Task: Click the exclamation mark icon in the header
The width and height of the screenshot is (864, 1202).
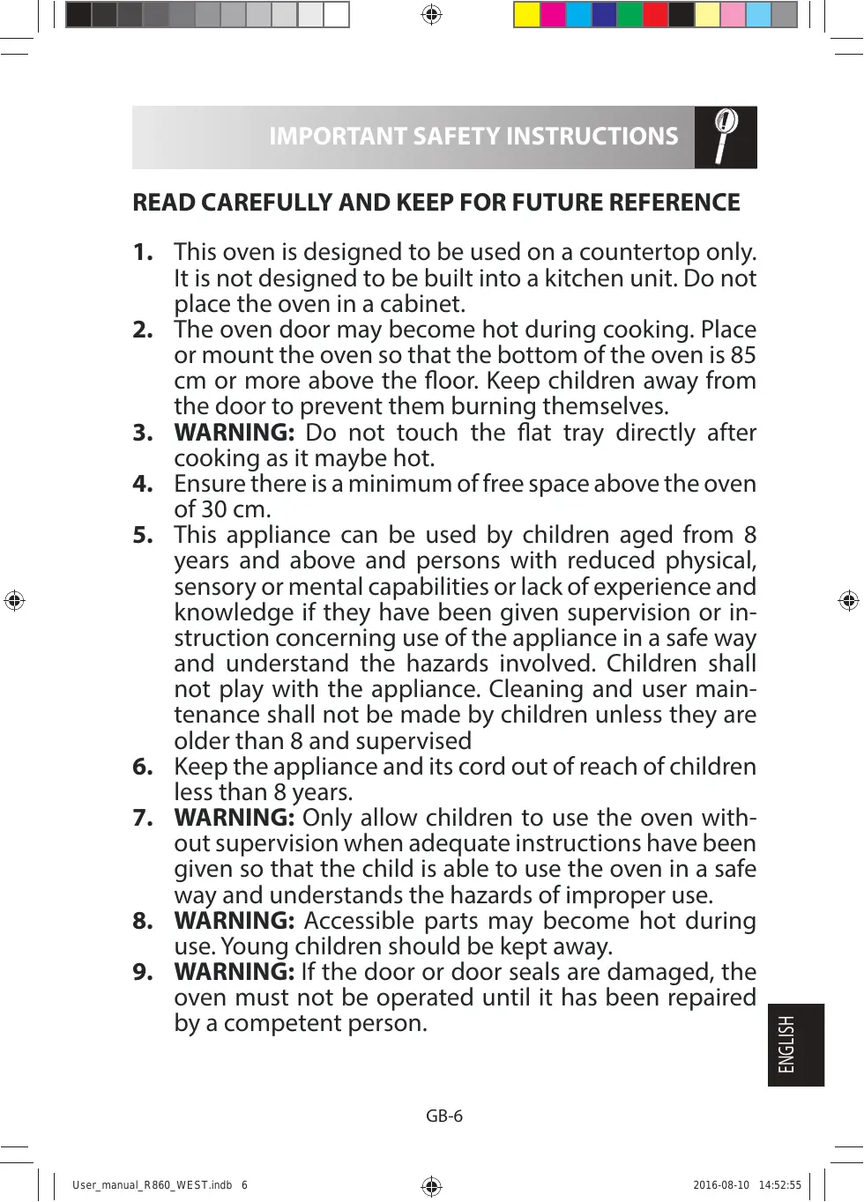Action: click(x=725, y=137)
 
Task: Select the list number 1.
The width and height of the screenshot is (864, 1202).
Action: click(x=143, y=252)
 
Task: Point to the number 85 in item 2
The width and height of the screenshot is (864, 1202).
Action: click(x=743, y=355)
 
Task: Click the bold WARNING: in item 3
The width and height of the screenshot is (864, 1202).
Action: click(x=234, y=433)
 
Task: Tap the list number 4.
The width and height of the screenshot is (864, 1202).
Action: click(x=143, y=484)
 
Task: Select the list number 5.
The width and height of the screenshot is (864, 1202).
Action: click(x=143, y=535)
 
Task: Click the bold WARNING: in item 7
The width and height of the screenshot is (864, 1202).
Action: click(x=234, y=818)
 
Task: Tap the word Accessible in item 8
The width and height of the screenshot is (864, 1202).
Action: click(x=359, y=921)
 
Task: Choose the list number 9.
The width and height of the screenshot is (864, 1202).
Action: click(x=143, y=972)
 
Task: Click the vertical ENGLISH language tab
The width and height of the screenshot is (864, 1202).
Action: click(x=795, y=1044)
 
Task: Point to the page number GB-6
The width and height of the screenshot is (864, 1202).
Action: click(x=444, y=1116)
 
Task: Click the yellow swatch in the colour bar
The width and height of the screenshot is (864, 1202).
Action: click(x=527, y=15)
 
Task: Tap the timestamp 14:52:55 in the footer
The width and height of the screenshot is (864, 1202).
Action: click(x=779, y=1185)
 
